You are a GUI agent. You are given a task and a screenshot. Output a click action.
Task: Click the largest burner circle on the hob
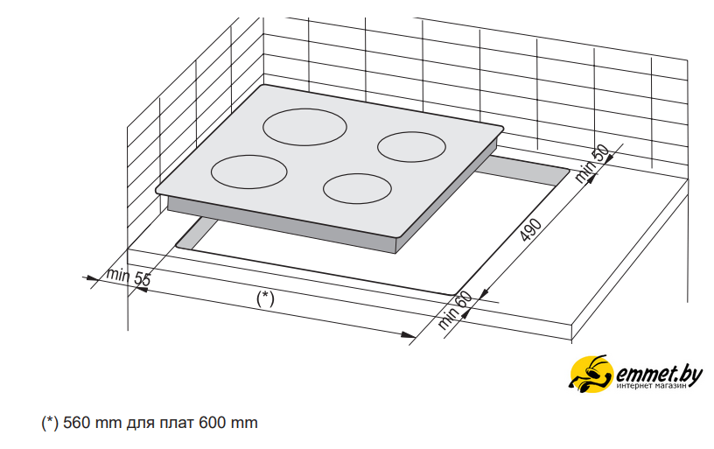[304, 109]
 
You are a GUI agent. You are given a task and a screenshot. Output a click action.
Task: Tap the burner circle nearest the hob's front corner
[358, 174]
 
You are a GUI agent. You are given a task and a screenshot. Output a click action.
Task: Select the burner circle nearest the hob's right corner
[411, 132]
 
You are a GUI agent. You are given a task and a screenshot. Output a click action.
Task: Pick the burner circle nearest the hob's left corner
[249, 156]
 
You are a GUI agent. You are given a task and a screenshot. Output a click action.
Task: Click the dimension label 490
[530, 230]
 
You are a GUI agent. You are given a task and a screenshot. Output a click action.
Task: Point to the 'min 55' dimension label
[128, 277]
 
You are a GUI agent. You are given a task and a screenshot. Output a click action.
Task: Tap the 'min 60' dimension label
[455, 310]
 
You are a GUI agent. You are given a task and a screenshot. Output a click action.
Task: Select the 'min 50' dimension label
[591, 164]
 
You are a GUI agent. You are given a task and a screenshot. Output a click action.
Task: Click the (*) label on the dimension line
[265, 298]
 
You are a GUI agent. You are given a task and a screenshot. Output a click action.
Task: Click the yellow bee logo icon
[591, 374]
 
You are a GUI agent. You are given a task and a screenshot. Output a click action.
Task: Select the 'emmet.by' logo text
[659, 375]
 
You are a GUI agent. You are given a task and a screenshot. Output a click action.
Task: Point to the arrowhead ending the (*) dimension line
[408, 334]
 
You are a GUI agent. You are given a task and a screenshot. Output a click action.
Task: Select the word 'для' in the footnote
[140, 424]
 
